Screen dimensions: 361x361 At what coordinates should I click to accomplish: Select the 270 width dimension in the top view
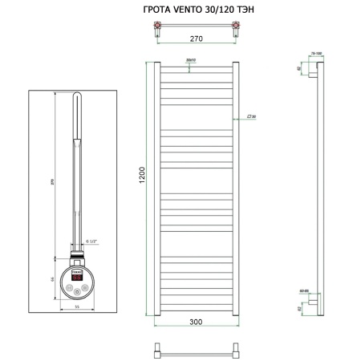[195, 39]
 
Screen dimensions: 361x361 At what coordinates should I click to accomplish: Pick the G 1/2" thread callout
[91, 241]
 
